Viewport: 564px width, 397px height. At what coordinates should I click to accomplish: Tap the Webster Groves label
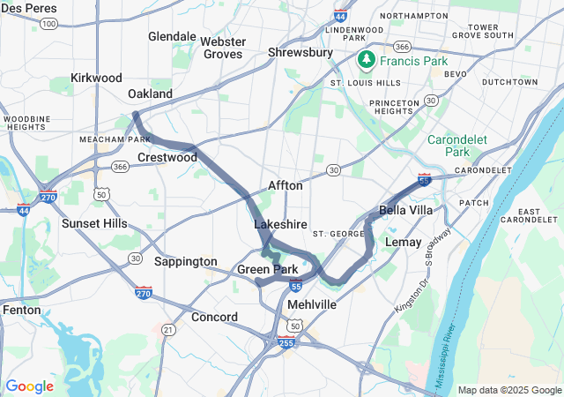pyautogui.click(x=223, y=48)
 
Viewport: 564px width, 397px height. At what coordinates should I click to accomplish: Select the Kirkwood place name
pyautogui.click(x=96, y=78)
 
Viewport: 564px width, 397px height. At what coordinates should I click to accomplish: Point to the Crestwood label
pyautogui.click(x=167, y=157)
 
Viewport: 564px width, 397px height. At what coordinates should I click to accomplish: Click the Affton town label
pyautogui.click(x=286, y=186)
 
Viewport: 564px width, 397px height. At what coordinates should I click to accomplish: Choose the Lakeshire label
pyautogui.click(x=280, y=225)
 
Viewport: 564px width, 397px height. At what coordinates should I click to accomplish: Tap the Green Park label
pyautogui.click(x=267, y=269)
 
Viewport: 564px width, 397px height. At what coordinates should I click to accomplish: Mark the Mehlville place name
pyautogui.click(x=311, y=303)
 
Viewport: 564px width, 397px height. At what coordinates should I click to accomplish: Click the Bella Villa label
pyautogui.click(x=405, y=210)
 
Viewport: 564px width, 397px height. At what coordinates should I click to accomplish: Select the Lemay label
pyautogui.click(x=404, y=242)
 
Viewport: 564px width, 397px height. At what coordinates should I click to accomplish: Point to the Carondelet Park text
pyautogui.click(x=459, y=146)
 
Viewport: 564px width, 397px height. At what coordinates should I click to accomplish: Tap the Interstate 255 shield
pyautogui.click(x=286, y=342)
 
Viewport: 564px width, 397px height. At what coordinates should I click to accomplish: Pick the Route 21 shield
pyautogui.click(x=167, y=329)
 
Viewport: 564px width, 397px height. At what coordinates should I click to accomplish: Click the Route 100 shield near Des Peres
pyautogui.click(x=50, y=23)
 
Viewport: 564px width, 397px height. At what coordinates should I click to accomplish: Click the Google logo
pyautogui.click(x=29, y=386)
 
